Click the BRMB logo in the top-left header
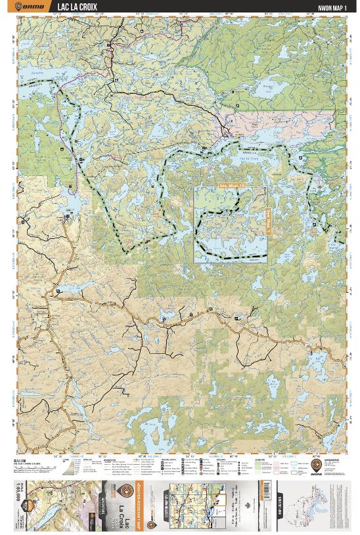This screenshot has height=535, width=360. [34, 7]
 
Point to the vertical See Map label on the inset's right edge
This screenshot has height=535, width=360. [267, 217]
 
